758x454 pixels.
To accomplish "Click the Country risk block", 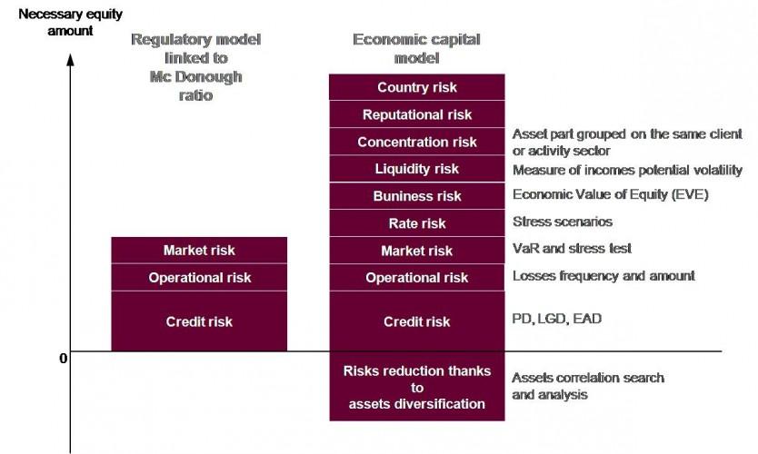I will (x=417, y=87).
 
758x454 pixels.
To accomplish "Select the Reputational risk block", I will (x=417, y=114).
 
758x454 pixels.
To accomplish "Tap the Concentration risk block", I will (x=417, y=142).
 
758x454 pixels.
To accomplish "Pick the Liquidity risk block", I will (x=417, y=169).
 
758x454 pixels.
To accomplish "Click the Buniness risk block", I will (x=417, y=196).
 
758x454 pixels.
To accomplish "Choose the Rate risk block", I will (x=417, y=223).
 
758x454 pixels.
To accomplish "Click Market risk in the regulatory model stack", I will (x=199, y=251).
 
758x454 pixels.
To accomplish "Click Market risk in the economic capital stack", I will (x=417, y=251).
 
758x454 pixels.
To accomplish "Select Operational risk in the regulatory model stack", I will (x=199, y=278).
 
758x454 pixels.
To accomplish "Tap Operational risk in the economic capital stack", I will (x=417, y=278).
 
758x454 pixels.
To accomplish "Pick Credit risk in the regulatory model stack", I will (x=199, y=321).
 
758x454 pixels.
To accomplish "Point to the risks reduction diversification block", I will (x=417, y=386).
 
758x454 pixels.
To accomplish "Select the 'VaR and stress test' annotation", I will (x=572, y=248).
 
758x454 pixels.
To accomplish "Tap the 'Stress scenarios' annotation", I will (x=563, y=221).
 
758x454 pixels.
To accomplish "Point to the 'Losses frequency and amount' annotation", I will (x=603, y=275).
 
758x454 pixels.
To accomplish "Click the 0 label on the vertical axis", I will (x=63, y=358).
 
